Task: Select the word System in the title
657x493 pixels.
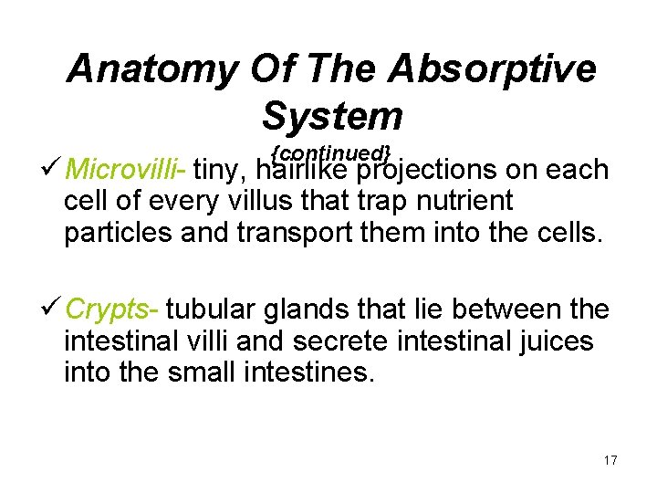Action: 331,116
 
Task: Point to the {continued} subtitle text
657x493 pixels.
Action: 331,151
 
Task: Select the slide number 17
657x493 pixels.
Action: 610,460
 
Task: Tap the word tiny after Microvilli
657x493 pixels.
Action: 219,171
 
